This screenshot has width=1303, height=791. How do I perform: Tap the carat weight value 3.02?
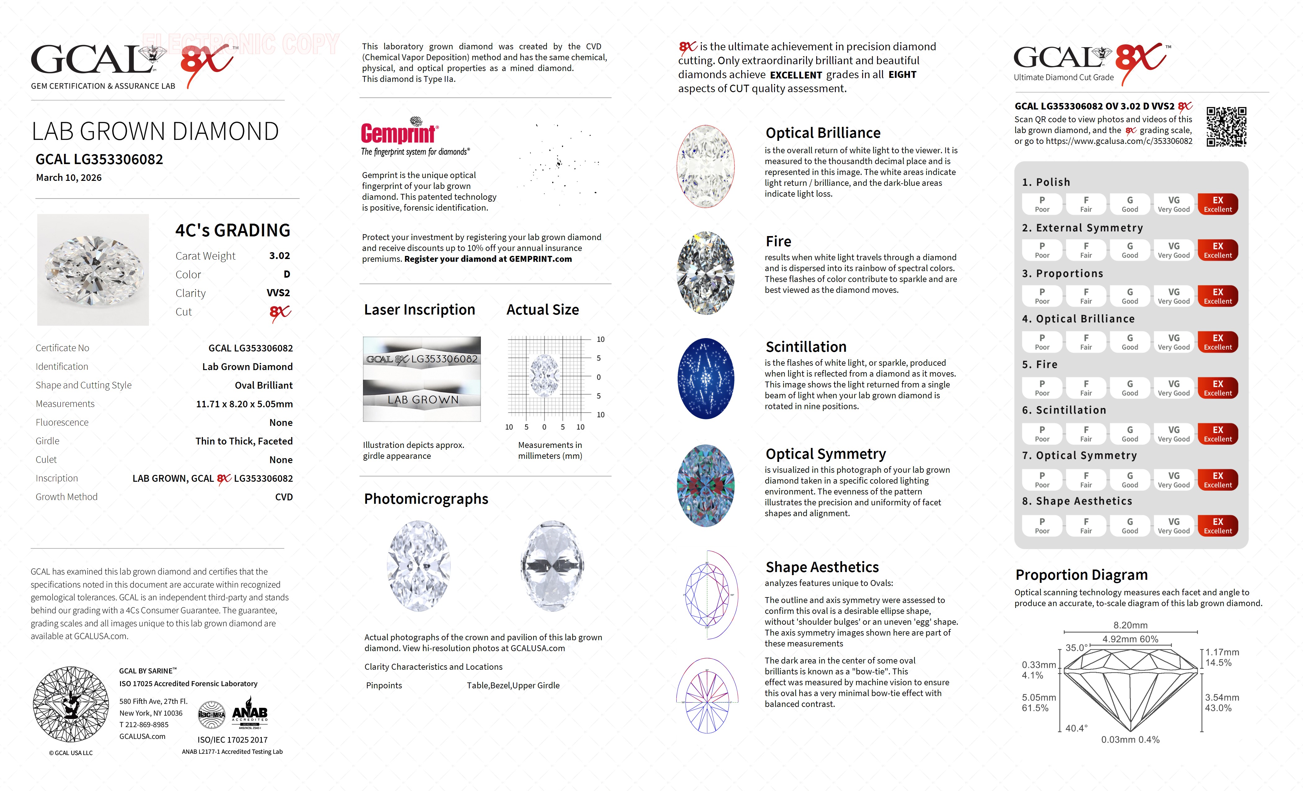coord(279,256)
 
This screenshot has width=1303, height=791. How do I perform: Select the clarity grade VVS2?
coord(278,293)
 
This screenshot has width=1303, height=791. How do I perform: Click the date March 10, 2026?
coord(69,178)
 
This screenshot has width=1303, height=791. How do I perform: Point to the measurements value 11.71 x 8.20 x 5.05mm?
coord(244,404)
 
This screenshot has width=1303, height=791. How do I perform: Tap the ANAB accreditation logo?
coord(250,715)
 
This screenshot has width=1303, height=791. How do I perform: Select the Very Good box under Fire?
coord(1173,388)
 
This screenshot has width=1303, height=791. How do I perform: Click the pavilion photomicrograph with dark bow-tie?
coord(552,566)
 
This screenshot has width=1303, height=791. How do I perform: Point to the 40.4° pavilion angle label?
coord(1076,728)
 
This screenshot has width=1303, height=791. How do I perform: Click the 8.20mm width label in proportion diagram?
coord(1130,625)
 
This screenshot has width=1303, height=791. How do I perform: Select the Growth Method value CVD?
coord(284,497)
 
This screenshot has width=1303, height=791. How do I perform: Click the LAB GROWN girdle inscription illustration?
coord(422,400)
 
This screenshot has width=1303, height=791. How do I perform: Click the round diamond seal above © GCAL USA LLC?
coord(71,704)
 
